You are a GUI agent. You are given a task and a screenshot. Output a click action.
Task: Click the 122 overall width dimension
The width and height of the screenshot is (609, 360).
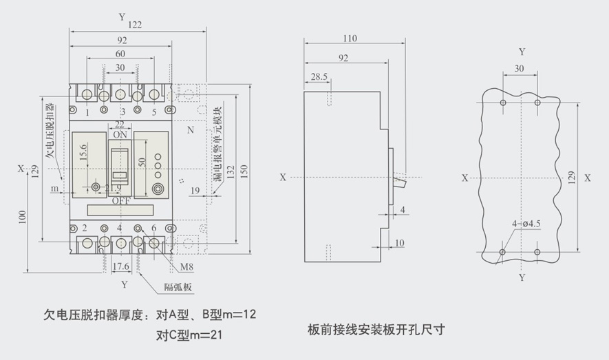tap(135, 25)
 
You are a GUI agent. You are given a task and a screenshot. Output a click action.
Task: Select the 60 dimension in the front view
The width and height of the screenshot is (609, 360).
tap(120, 54)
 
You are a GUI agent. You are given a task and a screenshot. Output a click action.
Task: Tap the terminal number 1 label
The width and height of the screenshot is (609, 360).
tap(87, 112)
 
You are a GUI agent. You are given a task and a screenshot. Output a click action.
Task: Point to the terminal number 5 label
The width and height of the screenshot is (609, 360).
tap(153, 112)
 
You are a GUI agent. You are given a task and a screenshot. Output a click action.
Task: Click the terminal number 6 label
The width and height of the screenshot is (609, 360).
tap(153, 228)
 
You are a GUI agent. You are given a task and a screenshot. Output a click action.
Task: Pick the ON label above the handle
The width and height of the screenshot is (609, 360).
tap(120, 134)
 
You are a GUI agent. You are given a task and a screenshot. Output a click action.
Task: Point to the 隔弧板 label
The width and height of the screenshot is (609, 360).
tap(178, 287)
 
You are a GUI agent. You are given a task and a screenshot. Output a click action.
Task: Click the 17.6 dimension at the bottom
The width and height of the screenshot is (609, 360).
tap(121, 266)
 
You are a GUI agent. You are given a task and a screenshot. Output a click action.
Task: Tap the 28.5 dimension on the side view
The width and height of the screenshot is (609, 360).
tap(319, 76)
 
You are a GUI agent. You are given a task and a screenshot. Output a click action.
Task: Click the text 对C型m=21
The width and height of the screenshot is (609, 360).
tap(189, 335)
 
